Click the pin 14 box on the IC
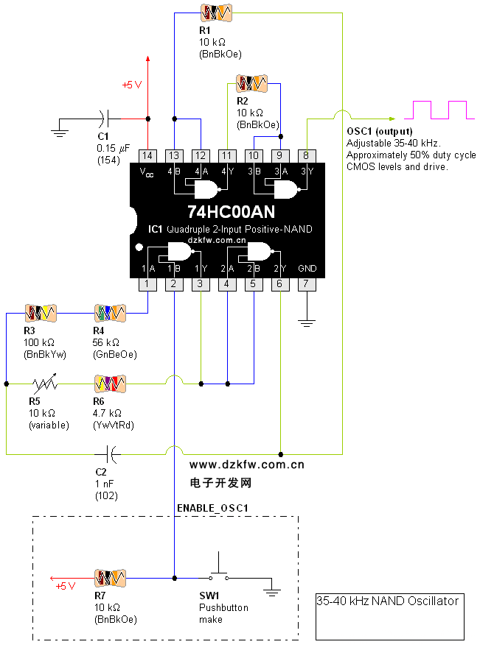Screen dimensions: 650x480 [x=148, y=156]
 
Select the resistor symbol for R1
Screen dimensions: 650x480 [x=216, y=13]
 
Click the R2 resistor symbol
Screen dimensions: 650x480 [x=251, y=83]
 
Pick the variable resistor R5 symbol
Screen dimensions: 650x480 [x=44, y=384]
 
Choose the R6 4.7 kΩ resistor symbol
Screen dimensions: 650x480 [x=110, y=384]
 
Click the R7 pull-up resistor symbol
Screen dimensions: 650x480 [x=111, y=577]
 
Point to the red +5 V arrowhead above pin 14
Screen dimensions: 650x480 [x=148, y=60]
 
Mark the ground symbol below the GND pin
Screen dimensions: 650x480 [x=307, y=322]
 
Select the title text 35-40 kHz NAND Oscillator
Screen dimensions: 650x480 [x=388, y=601]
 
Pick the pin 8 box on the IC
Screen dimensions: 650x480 [x=307, y=156]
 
